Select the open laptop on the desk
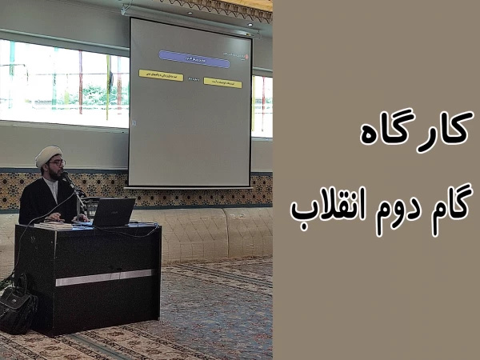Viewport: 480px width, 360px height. tap(112, 213)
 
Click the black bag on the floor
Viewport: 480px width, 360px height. tap(17, 308)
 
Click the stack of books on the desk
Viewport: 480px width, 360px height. tap(53, 226)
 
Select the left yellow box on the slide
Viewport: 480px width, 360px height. tap(161, 74)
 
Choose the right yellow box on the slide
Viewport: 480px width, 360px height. tap(222, 82)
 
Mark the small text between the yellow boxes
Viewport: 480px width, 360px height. tap(193, 79)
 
